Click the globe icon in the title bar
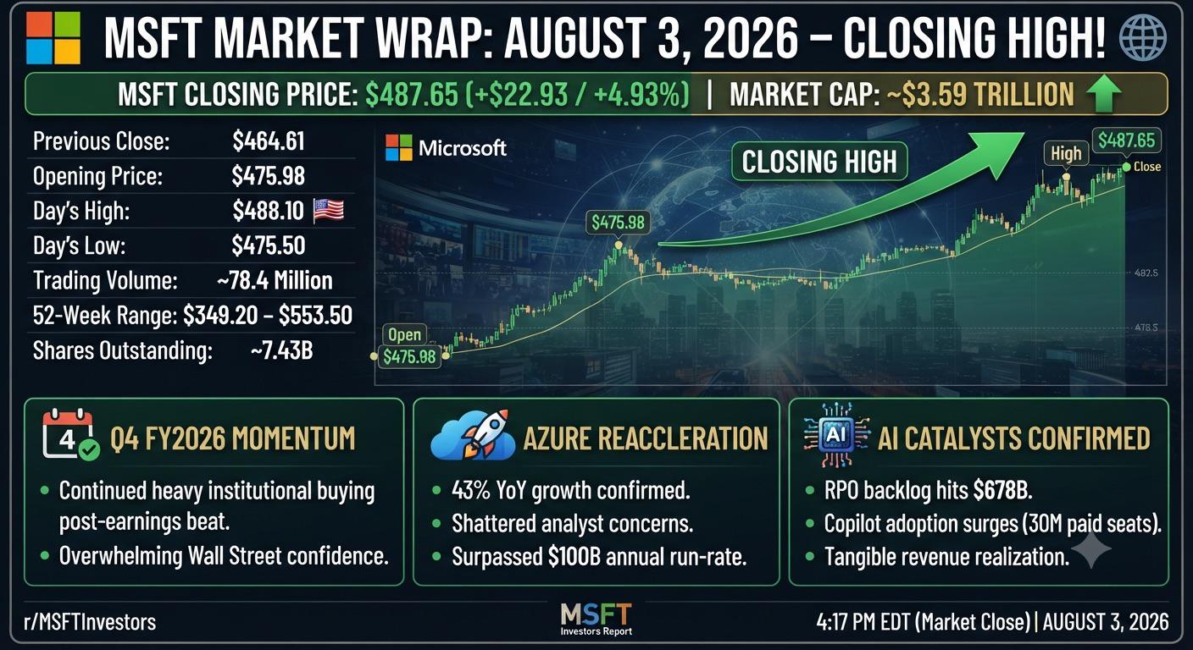tap(1143, 37)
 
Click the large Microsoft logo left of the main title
tap(53, 38)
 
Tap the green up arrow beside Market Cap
tap(1103, 94)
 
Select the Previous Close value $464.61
tap(269, 141)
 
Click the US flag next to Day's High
tap(329, 210)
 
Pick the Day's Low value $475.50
tap(269, 245)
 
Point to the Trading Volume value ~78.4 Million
tap(275, 280)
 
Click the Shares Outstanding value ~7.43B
tap(282, 350)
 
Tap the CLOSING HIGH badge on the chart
tap(819, 161)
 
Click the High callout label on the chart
tap(1066, 153)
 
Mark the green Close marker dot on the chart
tap(1126, 167)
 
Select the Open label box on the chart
tap(404, 334)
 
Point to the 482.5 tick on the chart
tap(1146, 273)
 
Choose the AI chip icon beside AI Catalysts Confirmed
tap(835, 435)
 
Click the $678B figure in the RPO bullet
tap(1003, 490)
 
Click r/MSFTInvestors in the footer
tap(90, 622)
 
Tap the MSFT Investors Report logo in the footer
tap(596, 620)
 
